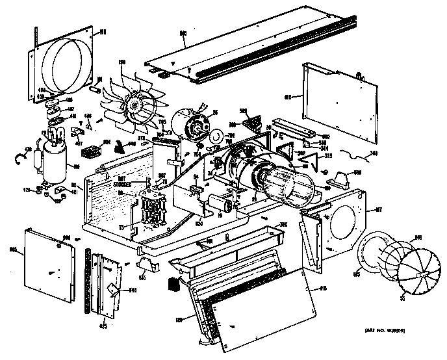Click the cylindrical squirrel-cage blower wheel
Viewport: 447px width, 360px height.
coord(286,182)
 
